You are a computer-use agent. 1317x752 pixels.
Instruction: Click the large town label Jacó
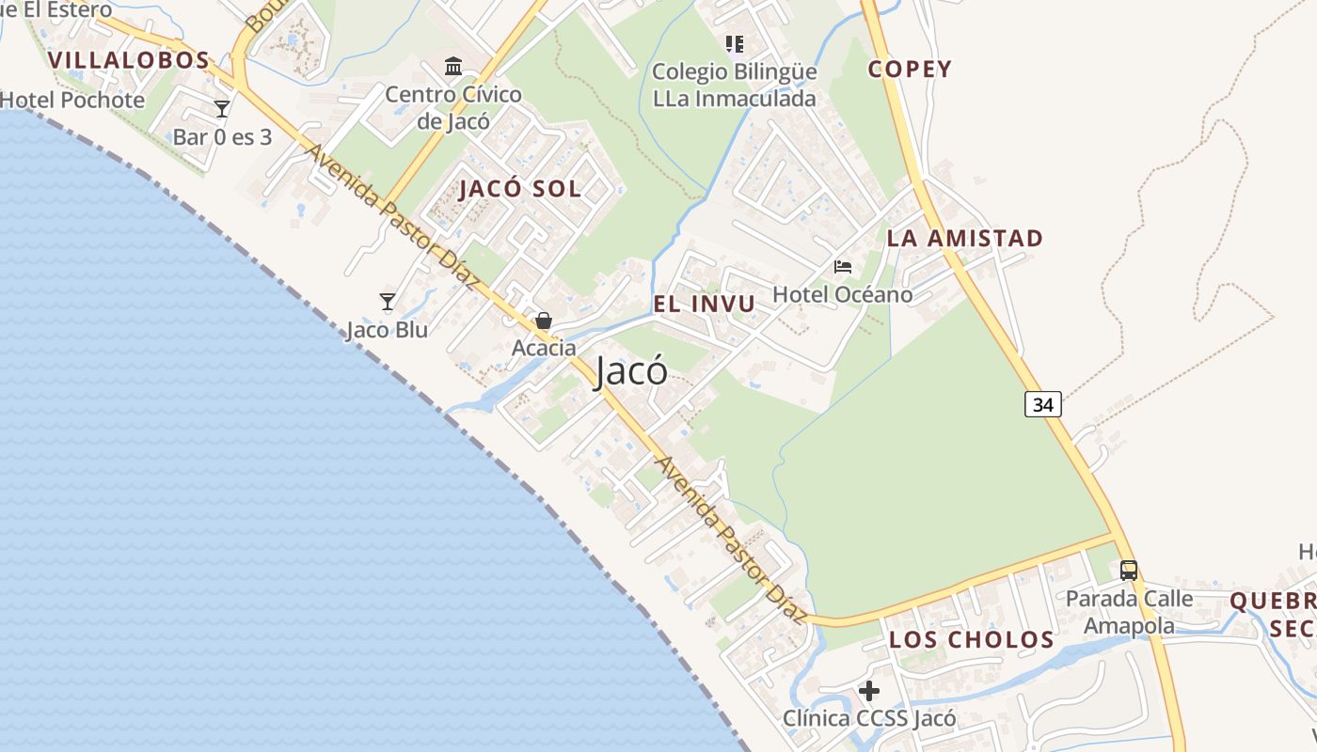pos(631,371)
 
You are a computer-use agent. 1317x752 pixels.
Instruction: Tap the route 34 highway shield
pos(1042,404)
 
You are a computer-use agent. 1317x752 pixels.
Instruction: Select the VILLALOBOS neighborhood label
pos(128,60)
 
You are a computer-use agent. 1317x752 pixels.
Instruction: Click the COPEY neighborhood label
pos(910,69)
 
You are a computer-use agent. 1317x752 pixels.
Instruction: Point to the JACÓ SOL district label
pos(519,189)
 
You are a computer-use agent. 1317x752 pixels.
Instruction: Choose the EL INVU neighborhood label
pos(704,304)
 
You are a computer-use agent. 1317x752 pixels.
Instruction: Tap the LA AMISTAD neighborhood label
pos(964,239)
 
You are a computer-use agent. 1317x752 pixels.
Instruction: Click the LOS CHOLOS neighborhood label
pos(971,640)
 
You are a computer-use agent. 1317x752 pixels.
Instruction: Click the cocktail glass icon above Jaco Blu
pos(387,302)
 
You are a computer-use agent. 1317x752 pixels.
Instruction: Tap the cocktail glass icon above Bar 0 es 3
pos(222,109)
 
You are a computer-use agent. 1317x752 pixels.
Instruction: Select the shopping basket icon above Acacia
pos(543,321)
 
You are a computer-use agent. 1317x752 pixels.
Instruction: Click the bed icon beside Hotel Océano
pos(842,267)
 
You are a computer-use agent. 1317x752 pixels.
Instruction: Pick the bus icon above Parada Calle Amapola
pos(1128,570)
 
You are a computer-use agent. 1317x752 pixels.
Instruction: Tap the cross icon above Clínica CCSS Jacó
pos(869,691)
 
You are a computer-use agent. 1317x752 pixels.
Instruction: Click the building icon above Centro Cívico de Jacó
pos(453,66)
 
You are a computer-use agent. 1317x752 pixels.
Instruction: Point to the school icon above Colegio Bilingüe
pos(735,43)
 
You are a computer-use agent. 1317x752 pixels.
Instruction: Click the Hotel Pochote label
pos(72,100)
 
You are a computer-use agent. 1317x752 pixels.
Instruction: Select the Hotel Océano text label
pos(842,295)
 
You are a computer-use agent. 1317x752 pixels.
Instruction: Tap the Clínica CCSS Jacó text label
pos(869,719)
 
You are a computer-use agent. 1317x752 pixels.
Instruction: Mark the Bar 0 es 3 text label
pos(222,137)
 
